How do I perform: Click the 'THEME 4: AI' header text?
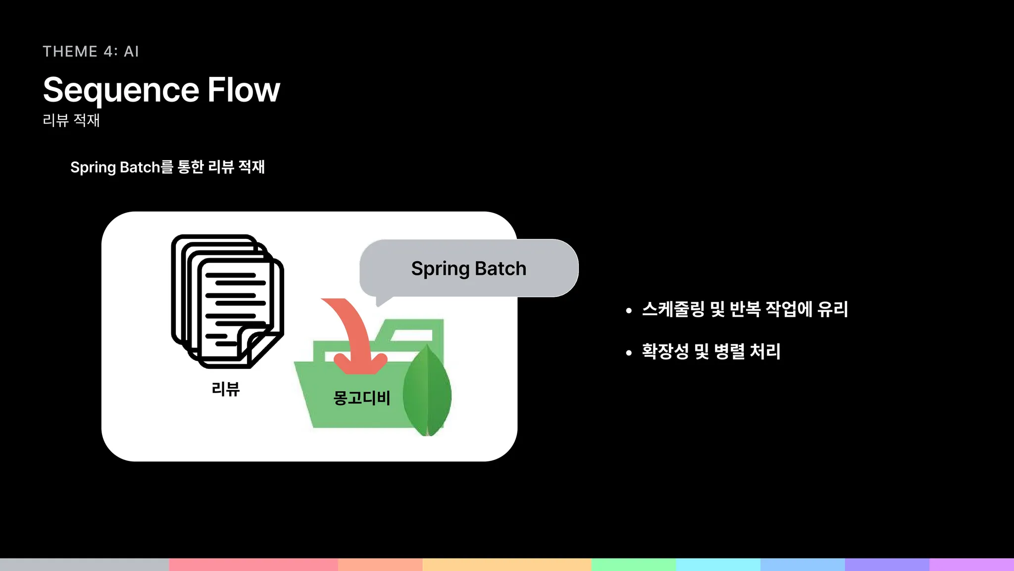tap(91, 52)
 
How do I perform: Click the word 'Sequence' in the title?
tap(121, 90)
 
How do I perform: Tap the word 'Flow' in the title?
tap(244, 90)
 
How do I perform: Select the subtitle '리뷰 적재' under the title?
tap(71, 120)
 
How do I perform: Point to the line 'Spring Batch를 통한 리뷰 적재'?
tap(167, 167)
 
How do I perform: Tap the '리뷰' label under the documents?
tap(225, 389)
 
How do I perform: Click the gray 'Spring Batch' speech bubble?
tap(468, 268)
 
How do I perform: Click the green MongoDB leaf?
tap(427, 392)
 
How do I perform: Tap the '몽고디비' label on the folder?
tap(361, 398)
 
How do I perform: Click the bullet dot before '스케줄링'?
tap(629, 311)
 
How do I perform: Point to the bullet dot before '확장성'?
tap(629, 353)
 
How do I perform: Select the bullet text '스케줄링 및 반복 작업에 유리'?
tap(745, 309)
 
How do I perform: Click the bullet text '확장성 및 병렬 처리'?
tap(711, 351)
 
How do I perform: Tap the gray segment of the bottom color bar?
tap(84, 565)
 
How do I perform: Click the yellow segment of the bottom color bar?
tap(507, 565)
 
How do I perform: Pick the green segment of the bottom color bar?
tap(634, 565)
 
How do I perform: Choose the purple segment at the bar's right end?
tap(971, 565)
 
